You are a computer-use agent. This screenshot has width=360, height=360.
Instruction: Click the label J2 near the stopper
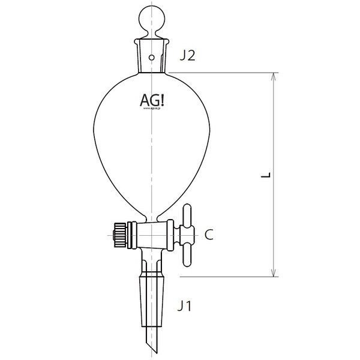[x=187, y=58]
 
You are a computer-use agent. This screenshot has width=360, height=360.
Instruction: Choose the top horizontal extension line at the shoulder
[x=222, y=73]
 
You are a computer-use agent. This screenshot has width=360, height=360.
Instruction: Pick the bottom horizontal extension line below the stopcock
[x=222, y=277]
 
